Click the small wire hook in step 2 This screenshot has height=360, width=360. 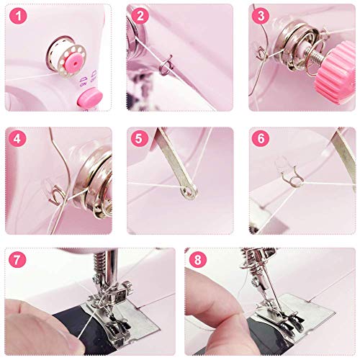164,72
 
